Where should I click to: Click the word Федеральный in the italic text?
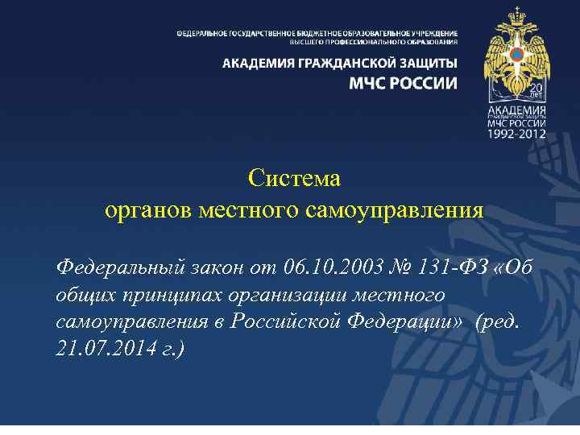[x=120, y=266]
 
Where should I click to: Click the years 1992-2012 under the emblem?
[x=516, y=135]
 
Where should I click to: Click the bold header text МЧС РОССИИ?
[x=403, y=83]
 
